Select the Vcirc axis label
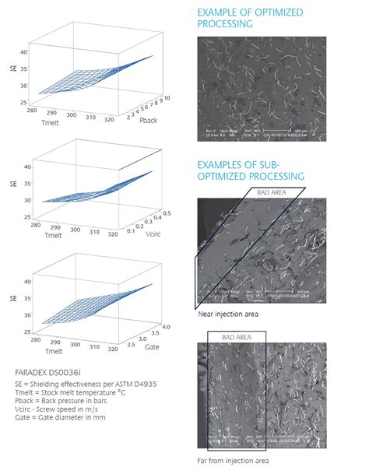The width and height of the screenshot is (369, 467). tap(149, 233)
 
